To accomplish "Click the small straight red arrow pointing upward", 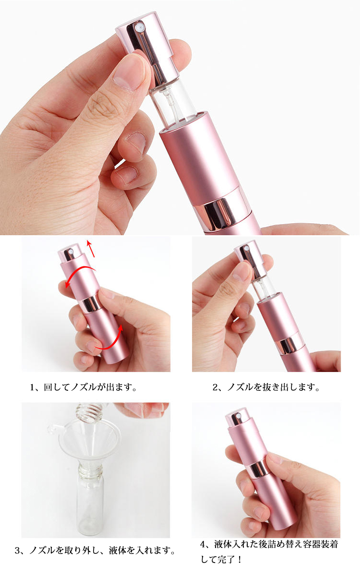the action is [x=91, y=249].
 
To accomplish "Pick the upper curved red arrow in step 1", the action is [x=80, y=274].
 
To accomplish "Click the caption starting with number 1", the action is [x=83, y=387].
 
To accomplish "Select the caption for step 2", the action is [x=266, y=387].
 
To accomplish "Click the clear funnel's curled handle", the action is [x=53, y=429].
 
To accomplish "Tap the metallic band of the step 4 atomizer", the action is [x=258, y=469].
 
